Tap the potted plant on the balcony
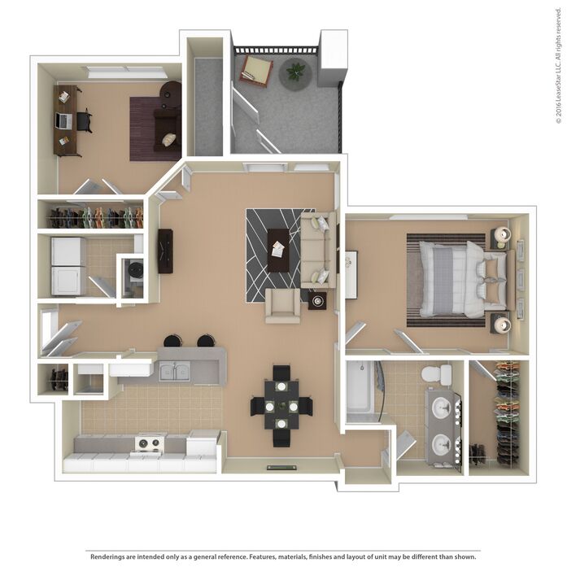pos(296,72)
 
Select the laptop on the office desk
pos(63,120)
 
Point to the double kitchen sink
pos(174,371)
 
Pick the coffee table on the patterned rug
pos(278,251)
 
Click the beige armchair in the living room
pos(283,306)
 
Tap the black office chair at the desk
pos(85,120)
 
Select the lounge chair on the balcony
pos(256,72)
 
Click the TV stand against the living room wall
pos(165,251)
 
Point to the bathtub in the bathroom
pos(360,391)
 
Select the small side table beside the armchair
pos(317,301)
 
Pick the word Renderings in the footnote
pos(106,556)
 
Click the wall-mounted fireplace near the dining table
pos(282,468)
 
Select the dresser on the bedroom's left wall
pos(351,274)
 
